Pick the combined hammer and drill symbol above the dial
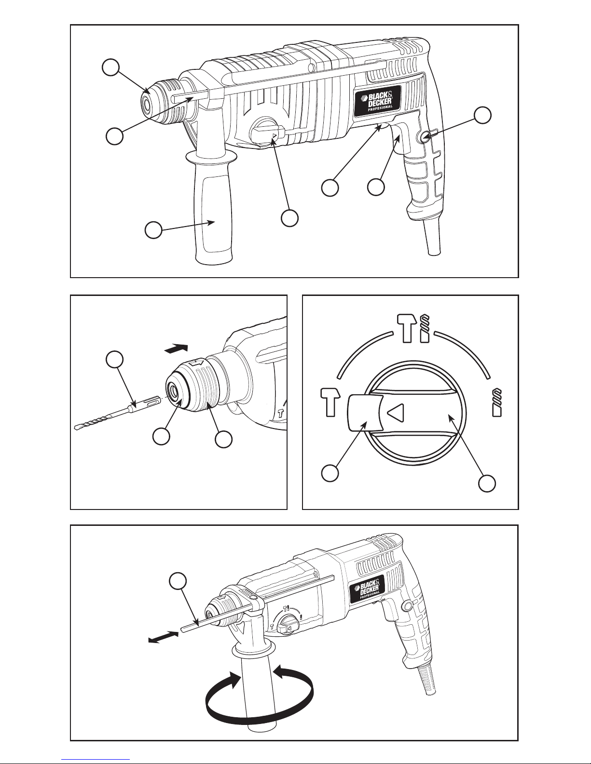(412, 328)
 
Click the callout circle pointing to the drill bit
(114, 360)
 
